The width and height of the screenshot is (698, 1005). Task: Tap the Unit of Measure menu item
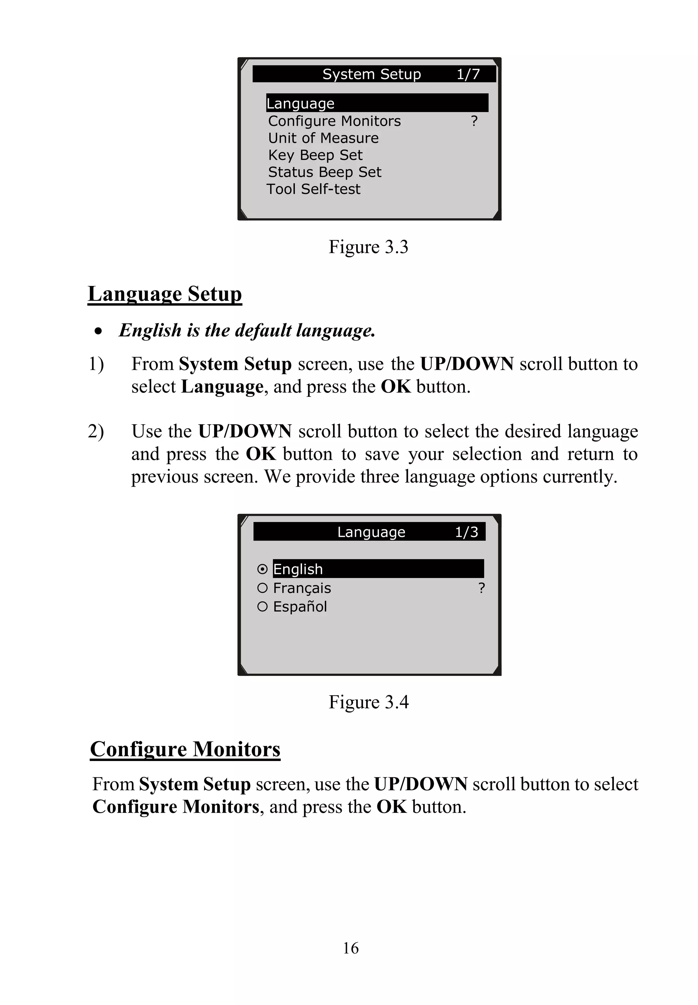point(323,138)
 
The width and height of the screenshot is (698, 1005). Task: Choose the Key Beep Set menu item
point(315,155)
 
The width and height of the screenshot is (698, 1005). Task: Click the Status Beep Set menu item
point(324,172)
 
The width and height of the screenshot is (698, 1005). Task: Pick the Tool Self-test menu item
point(313,189)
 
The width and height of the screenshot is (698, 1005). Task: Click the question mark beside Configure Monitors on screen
point(474,121)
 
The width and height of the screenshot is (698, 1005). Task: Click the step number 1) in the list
point(96,364)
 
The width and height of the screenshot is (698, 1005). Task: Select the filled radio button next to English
point(262,569)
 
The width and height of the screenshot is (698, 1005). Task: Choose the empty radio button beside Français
point(262,588)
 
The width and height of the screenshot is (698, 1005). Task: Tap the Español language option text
point(300,607)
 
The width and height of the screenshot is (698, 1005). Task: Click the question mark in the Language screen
point(482,588)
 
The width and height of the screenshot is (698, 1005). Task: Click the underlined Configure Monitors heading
point(185,749)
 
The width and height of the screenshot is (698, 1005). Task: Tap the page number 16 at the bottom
point(351,948)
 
